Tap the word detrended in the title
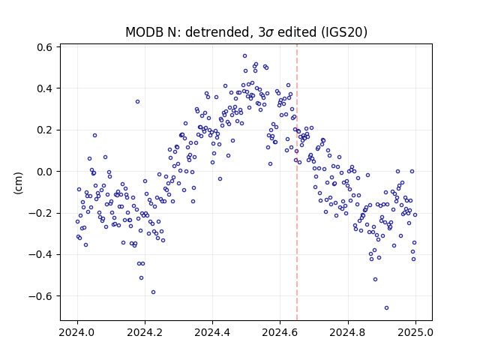point(218,32)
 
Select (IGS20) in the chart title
point(344,32)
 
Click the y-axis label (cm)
point(18,183)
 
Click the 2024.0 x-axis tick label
point(77,332)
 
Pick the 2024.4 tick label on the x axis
point(212,332)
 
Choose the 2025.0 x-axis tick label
point(415,332)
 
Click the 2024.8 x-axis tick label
point(348,332)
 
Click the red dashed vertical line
point(297,182)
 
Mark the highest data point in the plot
point(245,56)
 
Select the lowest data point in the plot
point(387,308)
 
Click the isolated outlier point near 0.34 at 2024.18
point(138,102)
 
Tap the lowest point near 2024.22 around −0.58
point(153,292)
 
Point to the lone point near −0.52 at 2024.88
point(375,280)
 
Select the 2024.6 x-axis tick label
point(280,332)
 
